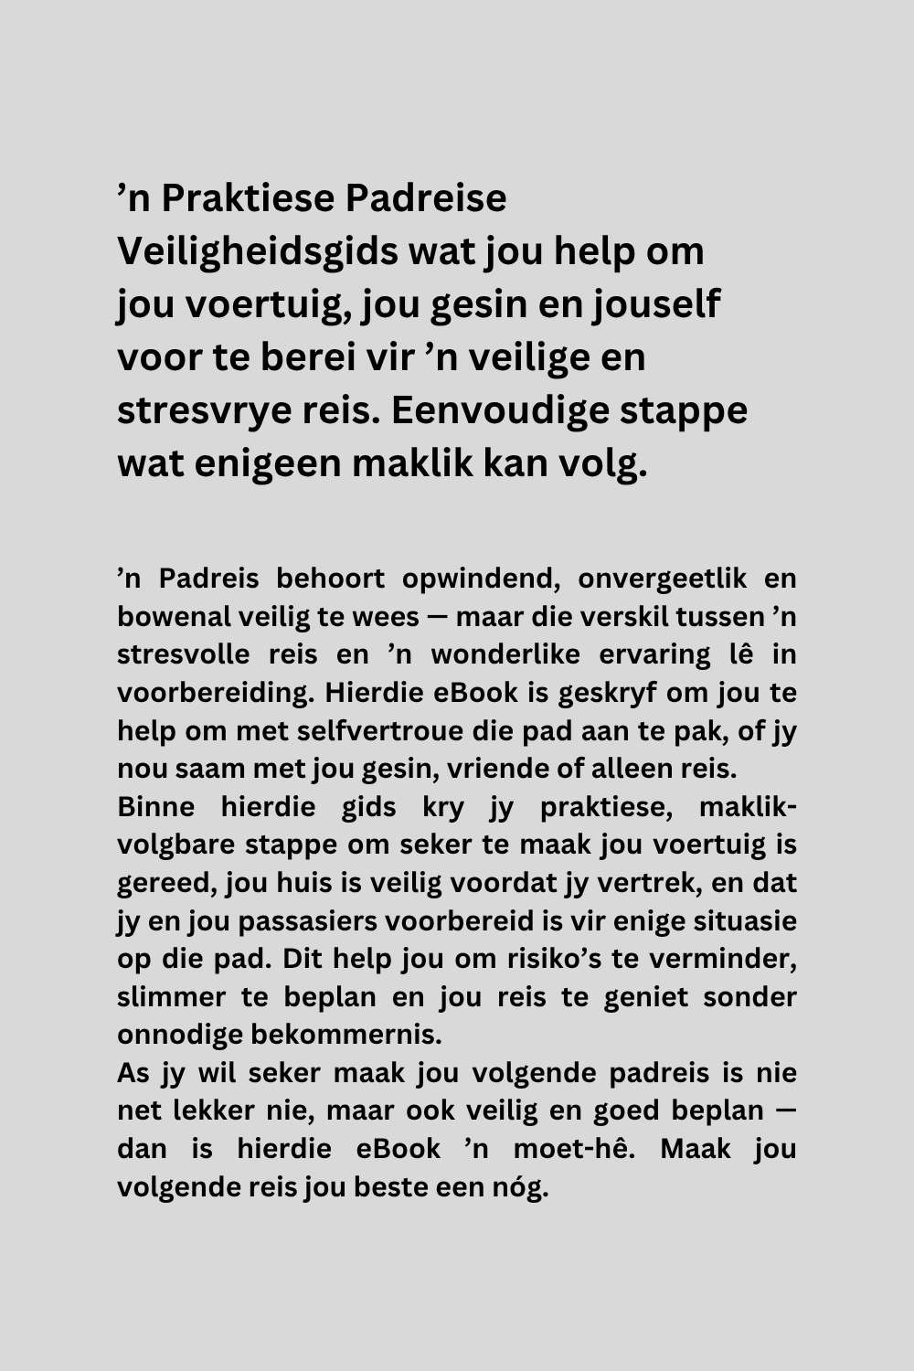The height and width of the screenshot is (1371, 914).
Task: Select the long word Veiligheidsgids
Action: (x=257, y=251)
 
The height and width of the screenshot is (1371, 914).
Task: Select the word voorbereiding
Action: (x=215, y=693)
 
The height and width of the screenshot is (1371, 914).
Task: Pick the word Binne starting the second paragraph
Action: (x=155, y=807)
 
